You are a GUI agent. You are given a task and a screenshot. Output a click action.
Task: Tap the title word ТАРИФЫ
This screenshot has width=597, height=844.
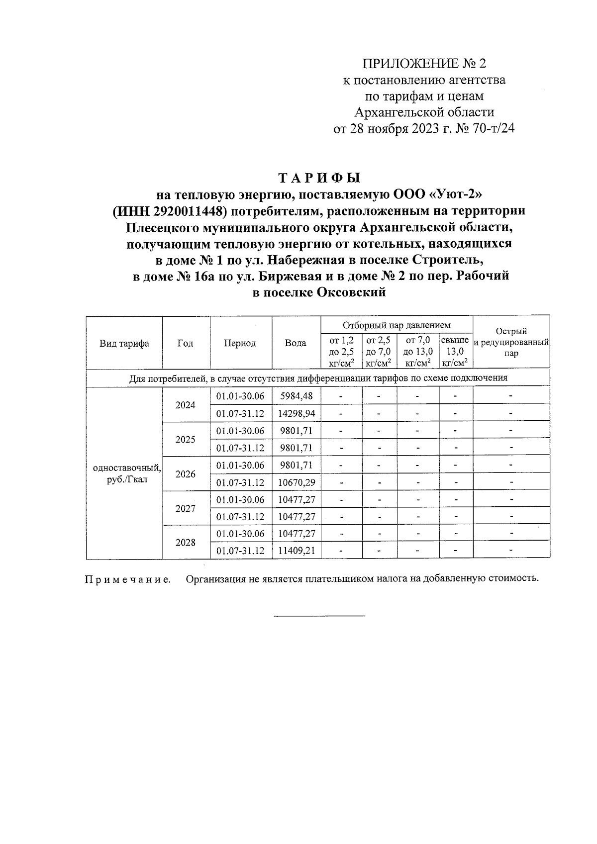pos(319,178)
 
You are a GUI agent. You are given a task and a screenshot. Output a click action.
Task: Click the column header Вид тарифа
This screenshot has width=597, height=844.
pos(124,343)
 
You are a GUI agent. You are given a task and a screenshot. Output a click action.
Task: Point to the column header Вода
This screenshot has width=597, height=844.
pos(296,343)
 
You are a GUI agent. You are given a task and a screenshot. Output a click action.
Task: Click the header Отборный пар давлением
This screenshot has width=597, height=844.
pos(397,325)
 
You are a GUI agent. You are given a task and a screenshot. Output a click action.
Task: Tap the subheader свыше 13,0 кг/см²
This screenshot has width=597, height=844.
pos(455,351)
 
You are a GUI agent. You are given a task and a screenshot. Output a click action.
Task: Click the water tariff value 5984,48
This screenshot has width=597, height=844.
pos(297,396)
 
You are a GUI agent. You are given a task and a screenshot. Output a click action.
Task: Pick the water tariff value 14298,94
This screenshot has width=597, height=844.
pos(297,413)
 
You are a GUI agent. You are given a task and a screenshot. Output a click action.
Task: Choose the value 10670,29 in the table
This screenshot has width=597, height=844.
pos(297,482)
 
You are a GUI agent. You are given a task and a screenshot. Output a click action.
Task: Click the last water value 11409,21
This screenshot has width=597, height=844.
pos(297,551)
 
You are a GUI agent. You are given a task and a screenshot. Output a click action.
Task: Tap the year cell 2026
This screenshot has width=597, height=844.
pos(186,473)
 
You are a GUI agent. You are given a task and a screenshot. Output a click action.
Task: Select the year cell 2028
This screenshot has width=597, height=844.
pos(186,542)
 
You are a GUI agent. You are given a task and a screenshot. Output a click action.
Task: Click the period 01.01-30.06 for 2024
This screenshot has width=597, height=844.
pos(240,396)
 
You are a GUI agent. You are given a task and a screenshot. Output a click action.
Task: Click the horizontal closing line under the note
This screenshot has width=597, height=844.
pos(319,617)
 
